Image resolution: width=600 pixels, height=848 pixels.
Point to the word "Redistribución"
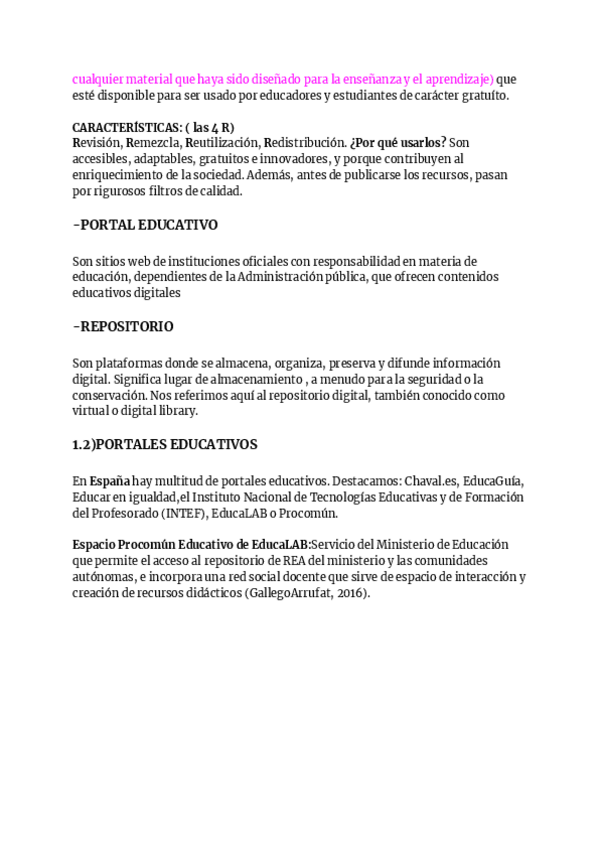(304, 143)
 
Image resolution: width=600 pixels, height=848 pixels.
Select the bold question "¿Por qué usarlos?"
(398, 143)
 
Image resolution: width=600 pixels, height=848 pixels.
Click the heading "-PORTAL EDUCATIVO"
(145, 225)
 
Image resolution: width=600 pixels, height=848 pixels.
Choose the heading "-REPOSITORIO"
(123, 327)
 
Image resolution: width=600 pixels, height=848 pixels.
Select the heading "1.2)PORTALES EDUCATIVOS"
(165, 444)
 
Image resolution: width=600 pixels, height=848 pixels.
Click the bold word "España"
(110, 480)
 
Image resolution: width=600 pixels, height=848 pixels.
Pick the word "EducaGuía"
(493, 480)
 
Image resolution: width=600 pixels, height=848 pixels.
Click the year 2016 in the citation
(350, 593)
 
